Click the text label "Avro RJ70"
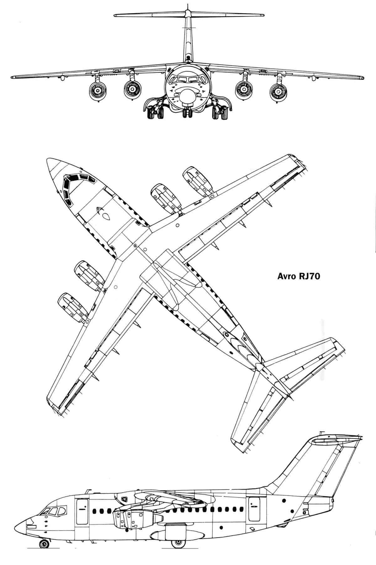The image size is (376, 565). click(x=299, y=277)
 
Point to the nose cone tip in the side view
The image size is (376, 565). click(x=15, y=530)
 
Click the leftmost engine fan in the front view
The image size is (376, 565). click(x=98, y=92)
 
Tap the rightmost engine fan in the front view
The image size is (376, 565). click(x=278, y=92)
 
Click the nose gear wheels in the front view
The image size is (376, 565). click(x=188, y=114)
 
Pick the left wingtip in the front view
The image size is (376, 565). click(x=13, y=77)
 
